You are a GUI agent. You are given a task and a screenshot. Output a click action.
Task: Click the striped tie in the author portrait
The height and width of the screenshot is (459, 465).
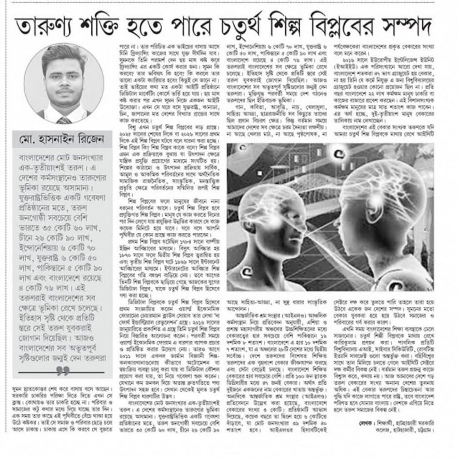pos(64,120)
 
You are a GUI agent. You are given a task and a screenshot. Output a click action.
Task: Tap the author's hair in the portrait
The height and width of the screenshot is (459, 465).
pos(64,54)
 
